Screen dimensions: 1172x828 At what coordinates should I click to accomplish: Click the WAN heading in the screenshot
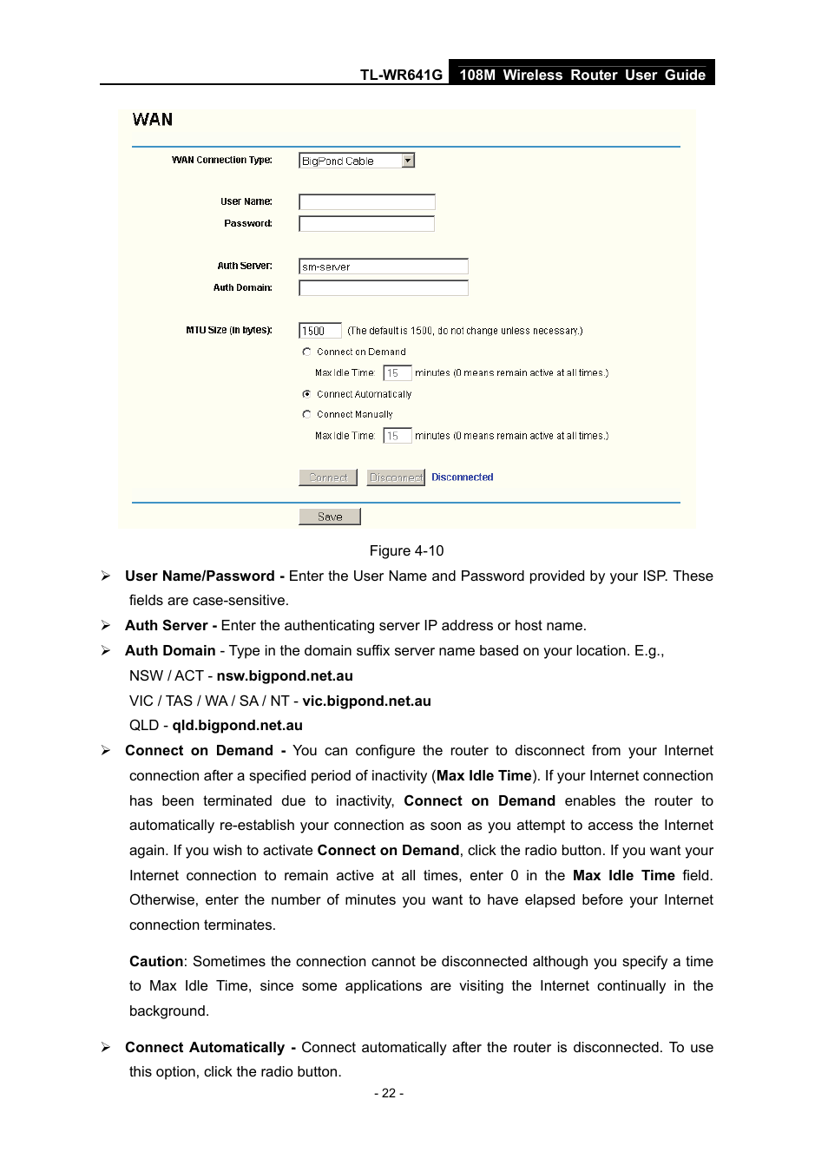pyautogui.click(x=153, y=120)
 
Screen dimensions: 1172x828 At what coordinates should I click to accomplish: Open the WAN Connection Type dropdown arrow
pyautogui.click(x=408, y=161)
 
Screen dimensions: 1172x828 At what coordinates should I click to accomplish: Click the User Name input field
pyautogui.click(x=366, y=202)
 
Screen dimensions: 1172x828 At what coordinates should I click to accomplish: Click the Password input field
pyautogui.click(x=366, y=224)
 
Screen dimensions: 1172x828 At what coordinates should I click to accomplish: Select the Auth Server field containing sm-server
pyautogui.click(x=383, y=267)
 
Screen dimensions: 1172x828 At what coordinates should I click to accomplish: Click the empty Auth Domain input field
pyautogui.click(x=383, y=288)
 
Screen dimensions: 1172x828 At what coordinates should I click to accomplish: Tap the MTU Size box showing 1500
pyautogui.click(x=319, y=331)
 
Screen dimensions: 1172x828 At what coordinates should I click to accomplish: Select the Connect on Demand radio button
pyautogui.click(x=306, y=352)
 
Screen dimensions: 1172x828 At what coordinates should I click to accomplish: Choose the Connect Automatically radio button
pyautogui.click(x=306, y=394)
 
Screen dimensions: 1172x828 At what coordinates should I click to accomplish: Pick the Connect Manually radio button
pyautogui.click(x=306, y=415)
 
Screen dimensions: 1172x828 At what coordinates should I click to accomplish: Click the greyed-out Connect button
pyautogui.click(x=328, y=477)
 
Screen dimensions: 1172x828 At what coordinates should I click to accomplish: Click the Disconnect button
pyautogui.click(x=396, y=477)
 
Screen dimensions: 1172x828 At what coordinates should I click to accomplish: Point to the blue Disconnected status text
pyautogui.click(x=462, y=477)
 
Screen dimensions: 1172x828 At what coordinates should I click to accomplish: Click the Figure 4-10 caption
pyautogui.click(x=406, y=551)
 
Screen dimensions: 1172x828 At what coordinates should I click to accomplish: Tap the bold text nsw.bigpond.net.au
pyautogui.click(x=285, y=676)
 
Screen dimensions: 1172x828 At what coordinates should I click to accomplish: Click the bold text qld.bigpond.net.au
pyautogui.click(x=237, y=726)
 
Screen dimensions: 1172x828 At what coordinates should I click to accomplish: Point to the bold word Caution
pyautogui.click(x=156, y=962)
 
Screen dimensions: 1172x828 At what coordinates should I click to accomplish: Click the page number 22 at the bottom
pyautogui.click(x=389, y=1094)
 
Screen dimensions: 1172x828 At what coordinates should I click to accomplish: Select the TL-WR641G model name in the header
pyautogui.click(x=401, y=76)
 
